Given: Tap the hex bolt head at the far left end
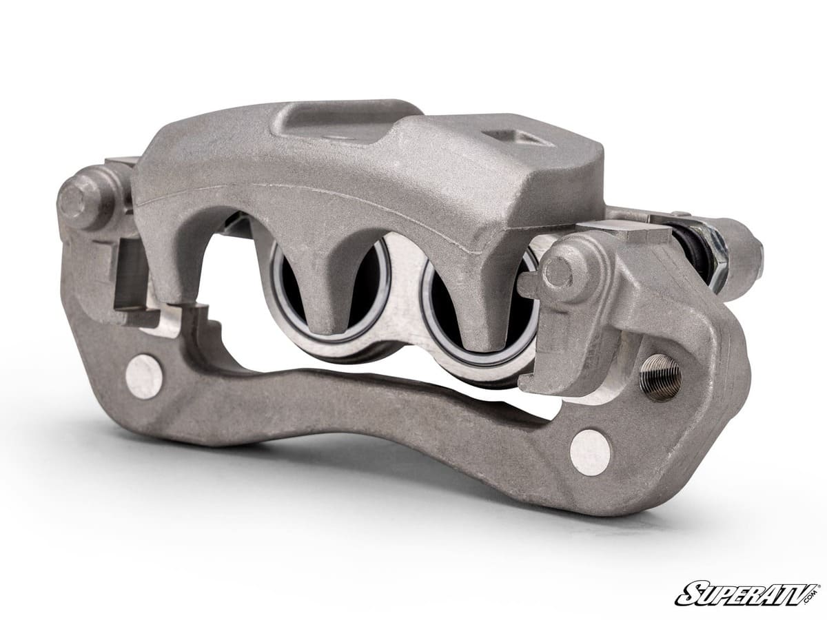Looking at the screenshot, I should [76, 199].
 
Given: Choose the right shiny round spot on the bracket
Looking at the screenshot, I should [590, 452].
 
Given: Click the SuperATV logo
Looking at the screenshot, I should [747, 594].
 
